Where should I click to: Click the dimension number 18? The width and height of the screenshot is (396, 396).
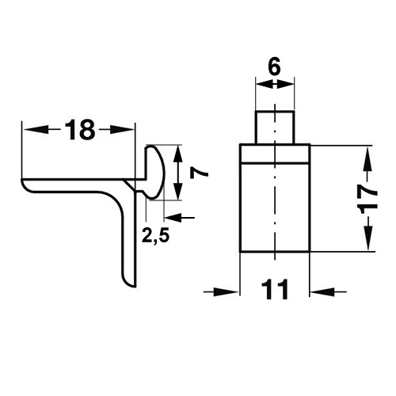pos(80,130)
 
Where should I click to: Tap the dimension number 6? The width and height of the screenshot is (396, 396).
pos(275,67)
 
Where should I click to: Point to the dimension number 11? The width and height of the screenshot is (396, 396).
pos(275,290)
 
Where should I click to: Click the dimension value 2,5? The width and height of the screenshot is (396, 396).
pos(155,235)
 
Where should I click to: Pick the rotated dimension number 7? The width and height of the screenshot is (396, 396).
pos(199,173)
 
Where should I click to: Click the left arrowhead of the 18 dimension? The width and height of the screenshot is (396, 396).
pos(36,130)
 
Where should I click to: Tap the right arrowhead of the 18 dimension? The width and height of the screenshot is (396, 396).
pos(122,130)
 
